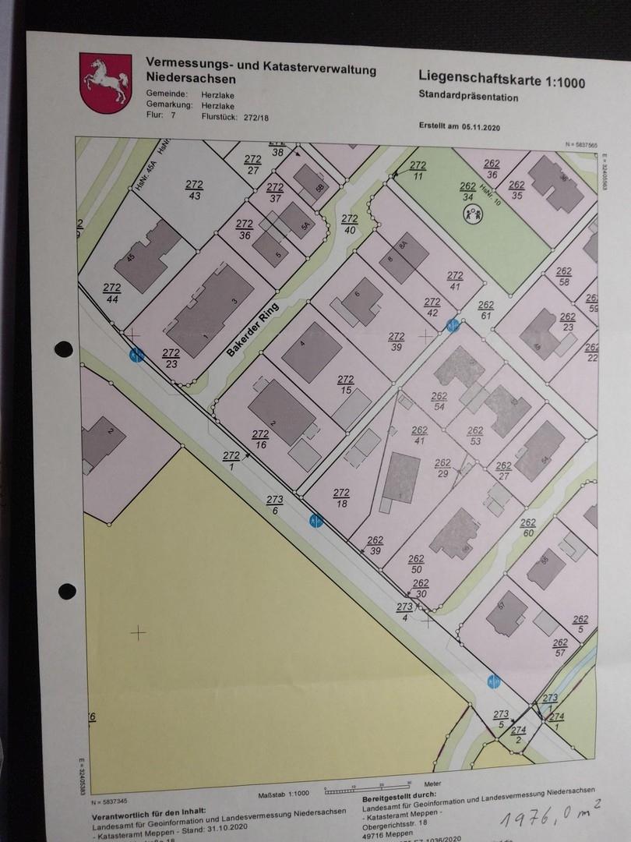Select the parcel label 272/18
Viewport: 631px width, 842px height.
click(341, 498)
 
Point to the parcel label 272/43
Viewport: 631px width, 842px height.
click(194, 189)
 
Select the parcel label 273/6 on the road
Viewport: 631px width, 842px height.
click(274, 505)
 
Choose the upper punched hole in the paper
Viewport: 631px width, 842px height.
click(64, 349)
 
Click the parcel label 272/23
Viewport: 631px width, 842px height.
click(171, 359)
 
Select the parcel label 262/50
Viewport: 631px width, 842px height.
click(416, 564)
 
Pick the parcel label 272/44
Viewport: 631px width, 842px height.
click(112, 292)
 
